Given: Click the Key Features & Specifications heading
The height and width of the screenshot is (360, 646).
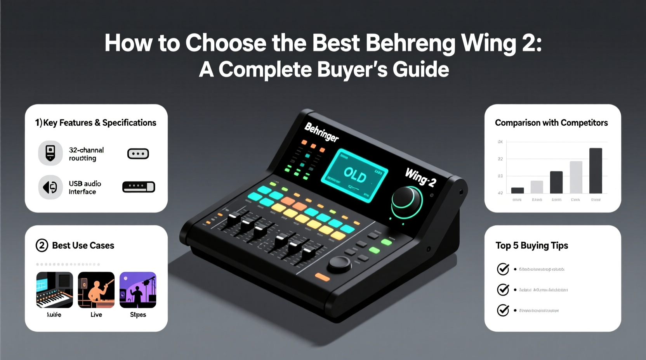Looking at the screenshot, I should coord(96,123).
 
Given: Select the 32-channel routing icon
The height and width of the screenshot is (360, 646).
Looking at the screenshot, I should coord(50,153).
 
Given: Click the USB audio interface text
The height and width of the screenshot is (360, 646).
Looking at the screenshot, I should coord(85,188).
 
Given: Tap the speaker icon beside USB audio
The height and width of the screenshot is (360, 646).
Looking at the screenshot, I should coord(50,187).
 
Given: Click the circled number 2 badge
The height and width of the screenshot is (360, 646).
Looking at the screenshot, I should coord(42,246).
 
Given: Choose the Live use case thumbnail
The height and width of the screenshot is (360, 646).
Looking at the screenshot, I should coord(96,290).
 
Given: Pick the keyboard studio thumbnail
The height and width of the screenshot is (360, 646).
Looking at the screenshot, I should coord(54,290).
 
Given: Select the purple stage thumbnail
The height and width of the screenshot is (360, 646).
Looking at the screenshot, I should coord(138,290).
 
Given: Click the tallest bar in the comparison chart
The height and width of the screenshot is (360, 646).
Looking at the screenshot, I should coord(596,171).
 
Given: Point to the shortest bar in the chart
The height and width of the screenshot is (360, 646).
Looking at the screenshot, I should coord(517,190).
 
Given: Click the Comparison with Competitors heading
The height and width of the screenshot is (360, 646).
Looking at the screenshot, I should coord(551,123).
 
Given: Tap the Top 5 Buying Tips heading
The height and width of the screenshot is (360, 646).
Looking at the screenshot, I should coord(531,246).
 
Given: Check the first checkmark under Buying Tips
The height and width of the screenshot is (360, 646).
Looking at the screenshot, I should coord(503,269).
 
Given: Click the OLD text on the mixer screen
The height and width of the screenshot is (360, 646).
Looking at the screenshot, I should coord(355,175).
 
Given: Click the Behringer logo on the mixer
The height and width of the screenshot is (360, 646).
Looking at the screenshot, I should coord(321,132).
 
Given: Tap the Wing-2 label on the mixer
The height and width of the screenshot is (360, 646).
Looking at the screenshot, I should coord(421,178).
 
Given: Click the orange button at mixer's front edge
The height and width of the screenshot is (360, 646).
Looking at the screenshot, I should coord(323,277).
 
